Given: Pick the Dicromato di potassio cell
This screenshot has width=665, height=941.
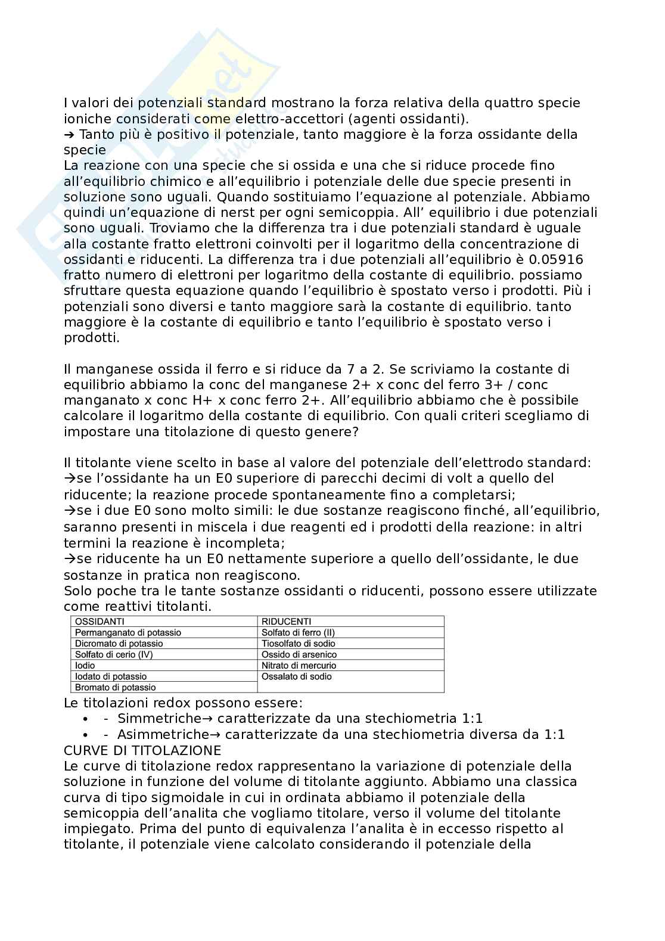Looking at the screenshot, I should [119, 644].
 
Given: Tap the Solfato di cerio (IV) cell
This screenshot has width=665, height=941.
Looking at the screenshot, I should [114, 654].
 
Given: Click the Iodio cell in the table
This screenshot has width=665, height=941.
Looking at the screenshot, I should [85, 665].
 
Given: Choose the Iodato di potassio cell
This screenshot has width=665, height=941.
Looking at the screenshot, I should [111, 676].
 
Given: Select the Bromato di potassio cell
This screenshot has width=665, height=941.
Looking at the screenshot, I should [115, 687].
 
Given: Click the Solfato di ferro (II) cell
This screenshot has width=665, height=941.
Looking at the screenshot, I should [298, 632].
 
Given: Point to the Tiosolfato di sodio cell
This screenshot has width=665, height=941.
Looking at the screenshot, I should [298, 644].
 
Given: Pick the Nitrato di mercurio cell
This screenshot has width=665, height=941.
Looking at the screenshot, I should [299, 665].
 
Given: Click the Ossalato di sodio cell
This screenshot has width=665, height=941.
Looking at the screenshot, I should [297, 676].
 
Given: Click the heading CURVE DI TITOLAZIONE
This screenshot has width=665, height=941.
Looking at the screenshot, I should [142, 750].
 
